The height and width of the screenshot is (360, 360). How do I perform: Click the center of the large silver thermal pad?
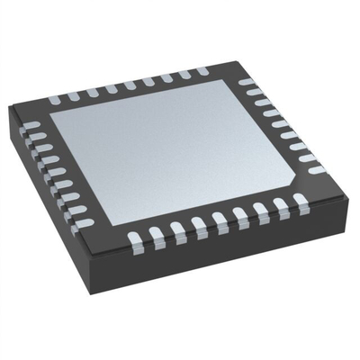pos(180,148)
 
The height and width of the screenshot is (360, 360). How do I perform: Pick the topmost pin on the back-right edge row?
pos(245,83)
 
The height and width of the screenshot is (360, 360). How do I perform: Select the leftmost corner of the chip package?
pos(9,112)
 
